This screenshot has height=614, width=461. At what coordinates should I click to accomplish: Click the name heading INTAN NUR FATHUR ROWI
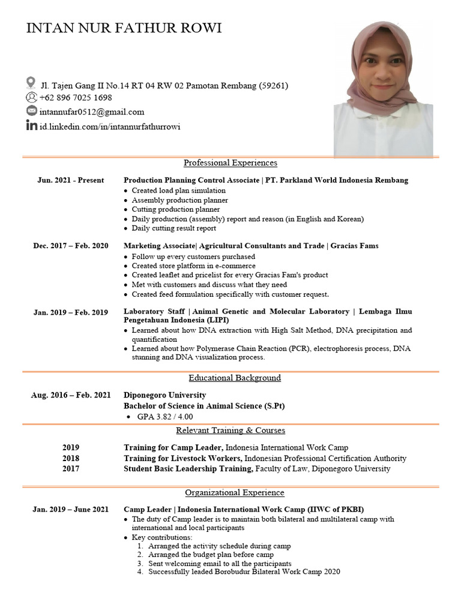(124, 29)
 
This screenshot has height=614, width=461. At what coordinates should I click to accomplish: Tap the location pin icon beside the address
(31, 82)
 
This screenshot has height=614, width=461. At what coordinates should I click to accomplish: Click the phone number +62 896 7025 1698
(76, 98)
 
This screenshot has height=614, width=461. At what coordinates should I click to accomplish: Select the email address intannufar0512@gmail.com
(92, 112)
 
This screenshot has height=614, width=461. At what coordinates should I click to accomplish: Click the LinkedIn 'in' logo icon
(31, 126)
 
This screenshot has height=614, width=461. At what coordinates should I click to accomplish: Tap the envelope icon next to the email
(31, 111)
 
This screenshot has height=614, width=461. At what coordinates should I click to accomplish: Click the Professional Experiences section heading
(230, 163)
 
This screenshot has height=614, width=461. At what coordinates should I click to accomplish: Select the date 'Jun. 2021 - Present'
(71, 180)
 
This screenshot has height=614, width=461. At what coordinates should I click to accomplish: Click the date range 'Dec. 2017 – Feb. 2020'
(71, 246)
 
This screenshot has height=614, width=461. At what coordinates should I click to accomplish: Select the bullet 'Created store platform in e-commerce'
(193, 266)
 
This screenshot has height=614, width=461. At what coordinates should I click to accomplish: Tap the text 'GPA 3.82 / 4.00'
(165, 417)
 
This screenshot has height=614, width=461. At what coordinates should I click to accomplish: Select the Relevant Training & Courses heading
(230, 431)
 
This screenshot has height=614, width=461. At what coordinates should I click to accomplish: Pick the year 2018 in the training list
(71, 458)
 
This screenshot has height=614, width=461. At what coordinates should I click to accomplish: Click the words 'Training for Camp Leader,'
(173, 448)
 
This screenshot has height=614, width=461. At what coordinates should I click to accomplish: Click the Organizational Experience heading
(235, 493)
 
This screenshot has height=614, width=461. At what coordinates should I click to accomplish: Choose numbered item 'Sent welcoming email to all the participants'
(220, 564)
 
